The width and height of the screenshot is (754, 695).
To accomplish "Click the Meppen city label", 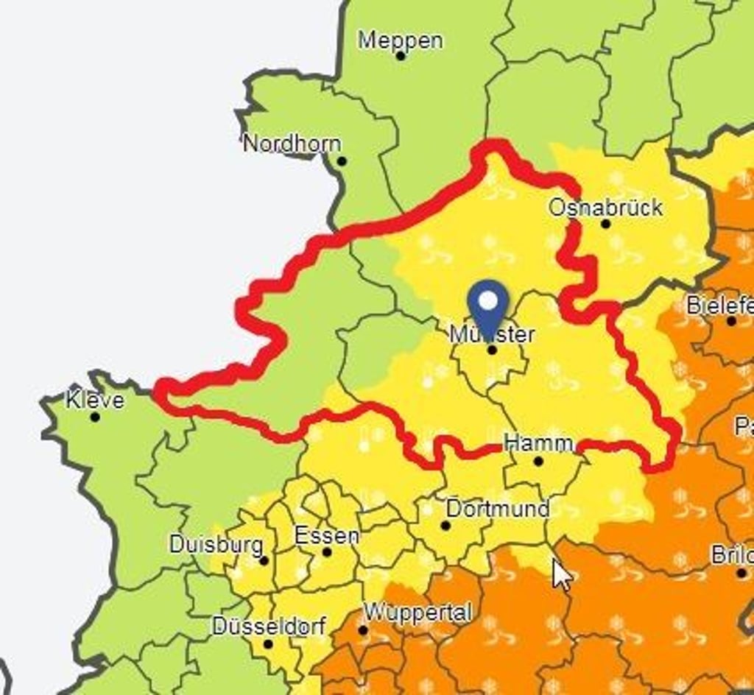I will coord(401,40).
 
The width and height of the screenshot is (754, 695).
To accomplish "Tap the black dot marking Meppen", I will coord(401,55).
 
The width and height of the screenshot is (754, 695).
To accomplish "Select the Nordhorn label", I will coord(292,144).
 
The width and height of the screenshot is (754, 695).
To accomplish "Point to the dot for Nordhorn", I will coord(341,161).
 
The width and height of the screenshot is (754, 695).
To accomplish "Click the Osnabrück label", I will coord(605,208).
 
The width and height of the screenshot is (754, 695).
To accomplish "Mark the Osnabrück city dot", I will coord(605,224).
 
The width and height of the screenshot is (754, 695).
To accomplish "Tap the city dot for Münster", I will coord(492,350).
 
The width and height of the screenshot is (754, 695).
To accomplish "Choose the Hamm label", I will coord(538,443).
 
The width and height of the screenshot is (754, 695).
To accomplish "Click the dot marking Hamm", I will coord(538,462).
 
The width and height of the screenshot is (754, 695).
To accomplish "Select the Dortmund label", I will coord(498,509).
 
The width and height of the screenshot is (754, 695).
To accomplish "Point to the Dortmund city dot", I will coord(445,526).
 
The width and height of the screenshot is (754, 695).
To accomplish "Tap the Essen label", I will coord(327,535).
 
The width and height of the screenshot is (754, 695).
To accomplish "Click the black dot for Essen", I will coord(327,552).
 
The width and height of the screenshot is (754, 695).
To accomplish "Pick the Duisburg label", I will coord(216,545).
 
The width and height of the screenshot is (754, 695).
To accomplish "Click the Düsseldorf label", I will coord(269,627).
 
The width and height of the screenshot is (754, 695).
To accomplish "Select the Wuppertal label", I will coord(417,612).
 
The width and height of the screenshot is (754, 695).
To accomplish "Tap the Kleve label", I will coord(95,401).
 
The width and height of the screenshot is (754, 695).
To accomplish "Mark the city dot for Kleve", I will coord(95,417).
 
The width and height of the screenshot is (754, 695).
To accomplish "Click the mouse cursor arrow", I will coord(561,574).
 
